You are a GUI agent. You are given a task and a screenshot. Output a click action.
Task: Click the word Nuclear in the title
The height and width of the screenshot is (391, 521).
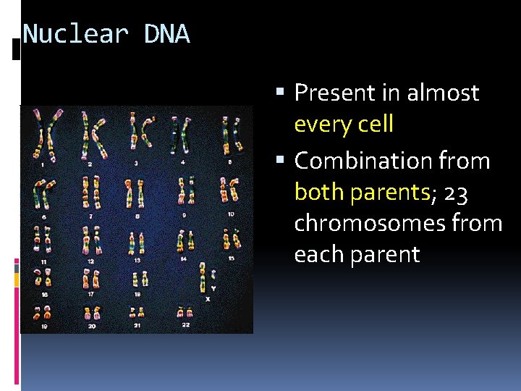coord(75,34)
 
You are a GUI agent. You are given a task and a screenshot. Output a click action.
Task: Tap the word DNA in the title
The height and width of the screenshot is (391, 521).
coord(166,34)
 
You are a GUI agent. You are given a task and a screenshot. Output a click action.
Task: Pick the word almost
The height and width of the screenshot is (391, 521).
coord(443,93)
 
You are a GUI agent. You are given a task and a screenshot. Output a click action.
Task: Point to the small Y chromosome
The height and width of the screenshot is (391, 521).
coord(211,279)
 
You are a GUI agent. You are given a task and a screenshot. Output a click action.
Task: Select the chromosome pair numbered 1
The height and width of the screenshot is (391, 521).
coord(45,134)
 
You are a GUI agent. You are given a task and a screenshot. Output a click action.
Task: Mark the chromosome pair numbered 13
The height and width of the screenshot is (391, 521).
coord(136,241)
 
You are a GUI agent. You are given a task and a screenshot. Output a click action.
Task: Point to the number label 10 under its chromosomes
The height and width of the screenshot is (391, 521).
coord(230,214)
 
